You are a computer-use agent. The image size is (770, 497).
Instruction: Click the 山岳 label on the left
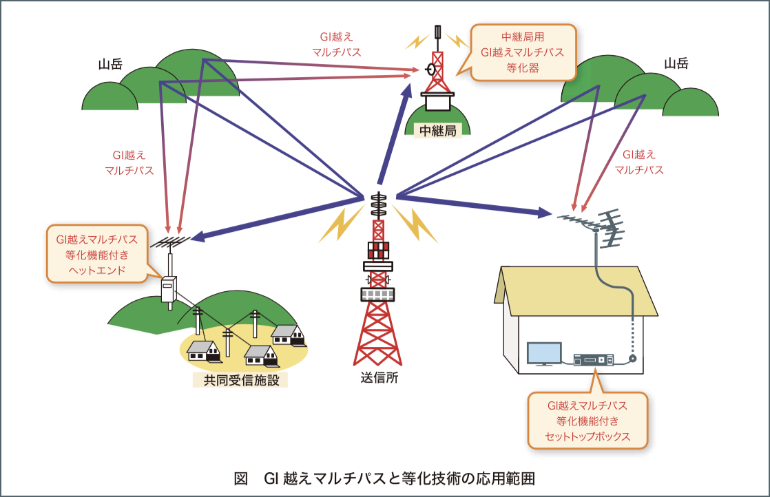click(x=110, y=65)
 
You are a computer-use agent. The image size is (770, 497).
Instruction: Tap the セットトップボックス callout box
click(x=587, y=421)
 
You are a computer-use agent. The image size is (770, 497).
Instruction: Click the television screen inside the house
click(x=543, y=354)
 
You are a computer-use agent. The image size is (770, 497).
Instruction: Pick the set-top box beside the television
click(x=593, y=359)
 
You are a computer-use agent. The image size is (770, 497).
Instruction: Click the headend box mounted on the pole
click(x=169, y=288)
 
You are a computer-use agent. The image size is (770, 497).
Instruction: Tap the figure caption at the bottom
click(x=384, y=478)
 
